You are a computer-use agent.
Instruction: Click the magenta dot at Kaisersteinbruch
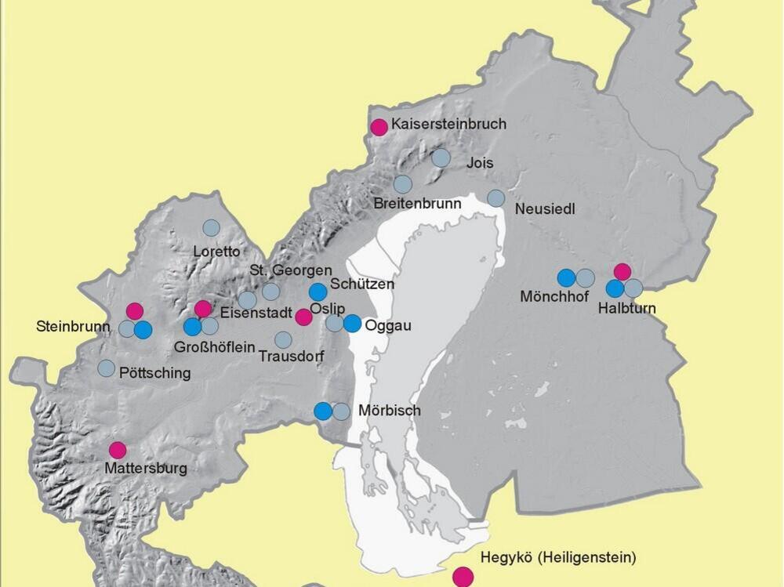[379, 126]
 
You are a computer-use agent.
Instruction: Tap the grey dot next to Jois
[441, 158]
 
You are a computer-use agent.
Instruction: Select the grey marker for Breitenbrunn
[403, 184]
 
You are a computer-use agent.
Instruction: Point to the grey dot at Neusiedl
[495, 198]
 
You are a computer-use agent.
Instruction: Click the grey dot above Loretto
[212, 228]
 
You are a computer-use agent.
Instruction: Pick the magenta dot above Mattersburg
[118, 450]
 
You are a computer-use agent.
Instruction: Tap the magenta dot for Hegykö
[463, 577]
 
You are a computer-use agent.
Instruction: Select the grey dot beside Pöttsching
[107, 368]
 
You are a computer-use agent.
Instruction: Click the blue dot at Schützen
[318, 292]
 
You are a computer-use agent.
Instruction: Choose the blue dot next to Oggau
[352, 323]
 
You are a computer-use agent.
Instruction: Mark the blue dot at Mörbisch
[323, 411]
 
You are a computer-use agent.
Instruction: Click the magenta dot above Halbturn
[622, 272]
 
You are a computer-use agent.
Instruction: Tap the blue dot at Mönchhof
[566, 277]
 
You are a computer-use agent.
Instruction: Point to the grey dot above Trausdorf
[283, 340]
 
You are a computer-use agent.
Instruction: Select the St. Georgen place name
[280, 270]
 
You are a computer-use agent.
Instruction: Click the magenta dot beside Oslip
[303, 317]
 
